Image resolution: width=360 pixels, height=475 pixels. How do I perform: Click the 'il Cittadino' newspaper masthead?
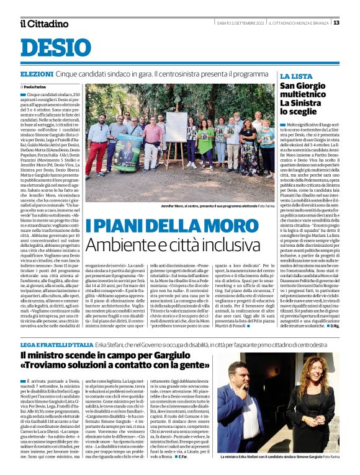tap(43, 24)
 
